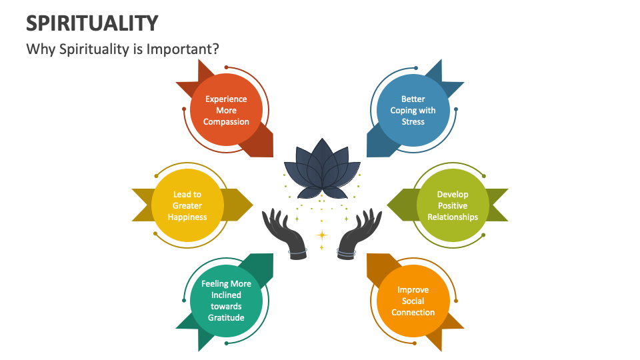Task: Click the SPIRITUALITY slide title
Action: point(92,23)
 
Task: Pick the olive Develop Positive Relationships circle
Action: point(452,205)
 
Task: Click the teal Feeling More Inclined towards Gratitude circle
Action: point(226,300)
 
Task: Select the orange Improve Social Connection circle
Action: point(413,300)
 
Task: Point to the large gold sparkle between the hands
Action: point(321,235)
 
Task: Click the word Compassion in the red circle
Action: point(226,122)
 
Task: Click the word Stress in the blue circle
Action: point(413,122)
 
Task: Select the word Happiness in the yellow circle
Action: point(187,217)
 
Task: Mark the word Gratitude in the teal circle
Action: point(226,317)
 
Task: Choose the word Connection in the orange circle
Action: point(413,313)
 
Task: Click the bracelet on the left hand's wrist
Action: point(297,251)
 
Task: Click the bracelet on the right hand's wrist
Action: point(346,251)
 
